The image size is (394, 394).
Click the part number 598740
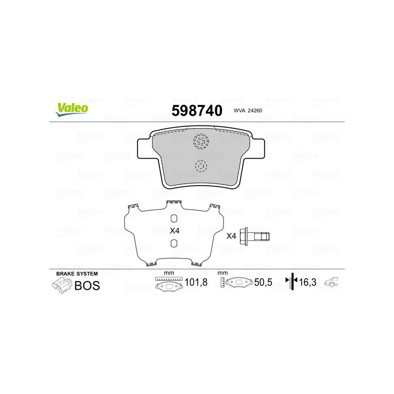[197, 110]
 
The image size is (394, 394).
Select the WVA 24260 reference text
[248, 111]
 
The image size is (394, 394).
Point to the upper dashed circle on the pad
[201, 141]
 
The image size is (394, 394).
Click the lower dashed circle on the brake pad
[201, 166]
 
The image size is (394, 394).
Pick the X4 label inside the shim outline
[174, 230]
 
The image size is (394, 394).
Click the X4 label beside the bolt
[231, 236]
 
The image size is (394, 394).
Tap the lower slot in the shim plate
[173, 243]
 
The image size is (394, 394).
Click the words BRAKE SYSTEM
[77, 273]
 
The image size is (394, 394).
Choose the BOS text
[87, 285]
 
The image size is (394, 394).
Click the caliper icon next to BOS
[61, 285]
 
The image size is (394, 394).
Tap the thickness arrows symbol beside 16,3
[293, 282]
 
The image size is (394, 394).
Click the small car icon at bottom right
[332, 282]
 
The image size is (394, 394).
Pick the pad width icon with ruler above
[168, 284]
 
